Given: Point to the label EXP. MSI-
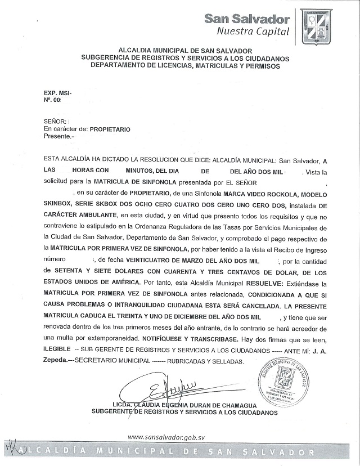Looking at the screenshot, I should tap(58, 92).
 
